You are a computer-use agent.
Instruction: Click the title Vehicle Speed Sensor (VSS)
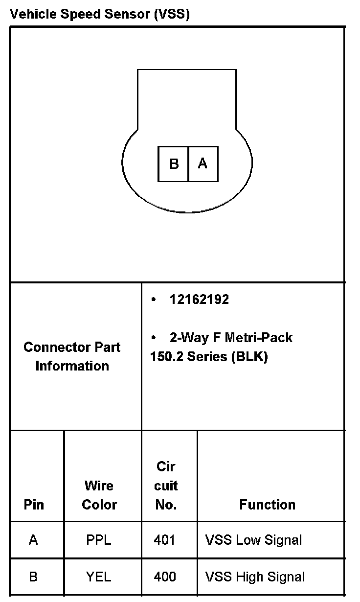[x=100, y=14]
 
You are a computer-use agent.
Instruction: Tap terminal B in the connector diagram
[x=174, y=164]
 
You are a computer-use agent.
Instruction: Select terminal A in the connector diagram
[x=202, y=164]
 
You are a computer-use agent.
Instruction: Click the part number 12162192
[x=199, y=300]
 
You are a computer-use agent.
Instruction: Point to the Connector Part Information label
[x=72, y=356]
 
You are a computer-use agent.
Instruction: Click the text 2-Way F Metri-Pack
[x=231, y=338]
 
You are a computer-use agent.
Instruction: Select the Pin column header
[x=34, y=505]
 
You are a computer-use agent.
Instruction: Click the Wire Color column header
[x=99, y=495]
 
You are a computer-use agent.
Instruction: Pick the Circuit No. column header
[x=166, y=486]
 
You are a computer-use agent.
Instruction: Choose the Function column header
[x=267, y=505]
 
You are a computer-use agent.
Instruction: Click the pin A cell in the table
[x=33, y=540]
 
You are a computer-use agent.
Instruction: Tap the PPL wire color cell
[x=98, y=540]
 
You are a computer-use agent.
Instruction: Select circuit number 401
[x=164, y=540]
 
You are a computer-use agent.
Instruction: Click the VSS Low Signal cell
[x=253, y=540]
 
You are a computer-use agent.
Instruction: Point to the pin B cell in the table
[x=33, y=577]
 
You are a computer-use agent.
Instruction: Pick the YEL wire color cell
[x=98, y=577]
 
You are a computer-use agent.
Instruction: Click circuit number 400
[x=165, y=577]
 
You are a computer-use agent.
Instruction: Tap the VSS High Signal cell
[x=255, y=577]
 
